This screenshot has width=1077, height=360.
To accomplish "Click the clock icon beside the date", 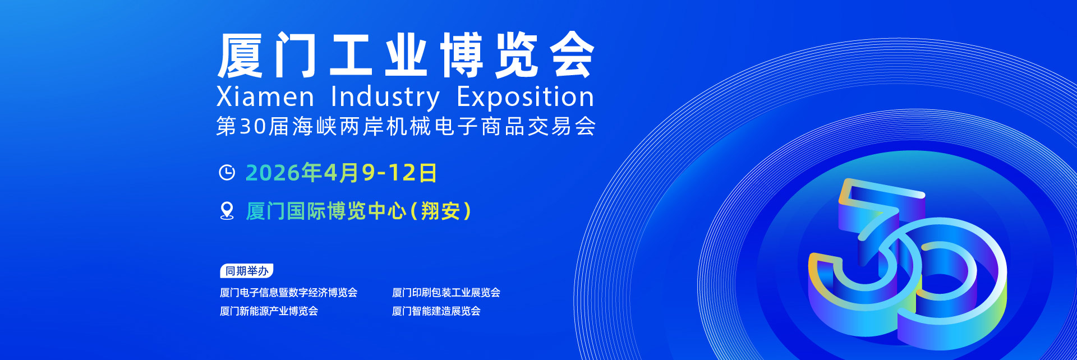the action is pyautogui.click(x=227, y=173).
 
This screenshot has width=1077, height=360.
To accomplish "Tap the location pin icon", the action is pyautogui.click(x=227, y=211).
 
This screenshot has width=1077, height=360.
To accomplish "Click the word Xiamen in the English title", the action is pyautogui.click(x=265, y=97).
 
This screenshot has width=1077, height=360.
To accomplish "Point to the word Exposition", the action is pyautogui.click(x=526, y=98).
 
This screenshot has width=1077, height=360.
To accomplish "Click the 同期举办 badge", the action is pyautogui.click(x=247, y=271).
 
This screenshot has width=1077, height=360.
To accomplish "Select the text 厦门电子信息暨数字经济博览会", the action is pyautogui.click(x=288, y=292).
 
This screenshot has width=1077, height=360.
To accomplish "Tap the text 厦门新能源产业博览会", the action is pyautogui.click(x=269, y=311).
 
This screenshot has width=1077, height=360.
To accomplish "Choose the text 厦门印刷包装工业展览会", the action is pyautogui.click(x=446, y=292).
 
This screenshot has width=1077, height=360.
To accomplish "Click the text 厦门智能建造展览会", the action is pyautogui.click(x=436, y=311).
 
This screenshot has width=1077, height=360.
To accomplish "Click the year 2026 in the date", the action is pyautogui.click(x=273, y=173).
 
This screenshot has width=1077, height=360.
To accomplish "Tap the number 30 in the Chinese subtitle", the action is pyautogui.click(x=252, y=126).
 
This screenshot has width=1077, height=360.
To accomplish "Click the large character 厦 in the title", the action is pyautogui.click(x=240, y=55).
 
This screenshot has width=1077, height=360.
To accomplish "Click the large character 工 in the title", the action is pyautogui.click(x=351, y=55).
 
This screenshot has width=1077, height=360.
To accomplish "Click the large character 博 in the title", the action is pyautogui.click(x=462, y=55).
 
